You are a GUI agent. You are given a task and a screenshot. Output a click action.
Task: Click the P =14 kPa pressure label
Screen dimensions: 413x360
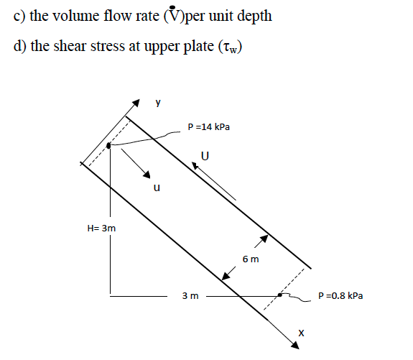208,127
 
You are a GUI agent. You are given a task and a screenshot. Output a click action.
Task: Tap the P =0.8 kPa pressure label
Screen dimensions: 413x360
340,296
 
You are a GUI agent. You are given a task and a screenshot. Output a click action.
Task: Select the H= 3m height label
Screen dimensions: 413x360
101,229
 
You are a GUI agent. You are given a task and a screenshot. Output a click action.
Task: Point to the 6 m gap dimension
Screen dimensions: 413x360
251,259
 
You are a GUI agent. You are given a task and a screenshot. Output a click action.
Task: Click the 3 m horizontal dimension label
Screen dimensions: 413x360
190,296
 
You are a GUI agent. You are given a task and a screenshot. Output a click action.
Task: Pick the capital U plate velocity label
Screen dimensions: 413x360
205,156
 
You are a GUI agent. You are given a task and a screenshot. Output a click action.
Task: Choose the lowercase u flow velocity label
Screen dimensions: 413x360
157,188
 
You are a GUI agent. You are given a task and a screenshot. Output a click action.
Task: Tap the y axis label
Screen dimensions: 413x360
158,102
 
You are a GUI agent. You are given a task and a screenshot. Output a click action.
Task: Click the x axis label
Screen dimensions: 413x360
301,333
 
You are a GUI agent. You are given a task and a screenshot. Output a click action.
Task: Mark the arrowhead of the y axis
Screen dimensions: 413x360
136,103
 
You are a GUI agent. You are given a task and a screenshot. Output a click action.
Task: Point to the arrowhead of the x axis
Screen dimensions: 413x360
295,345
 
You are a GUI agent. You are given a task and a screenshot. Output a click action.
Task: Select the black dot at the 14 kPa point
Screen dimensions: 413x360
108,145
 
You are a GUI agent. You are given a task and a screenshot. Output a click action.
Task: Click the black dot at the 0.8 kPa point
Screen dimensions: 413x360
279,295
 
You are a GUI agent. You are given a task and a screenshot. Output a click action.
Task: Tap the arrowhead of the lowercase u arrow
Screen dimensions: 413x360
147,174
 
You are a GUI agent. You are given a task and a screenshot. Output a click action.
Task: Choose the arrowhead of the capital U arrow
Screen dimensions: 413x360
195,166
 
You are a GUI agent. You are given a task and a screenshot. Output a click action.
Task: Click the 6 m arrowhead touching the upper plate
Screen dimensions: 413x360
264,239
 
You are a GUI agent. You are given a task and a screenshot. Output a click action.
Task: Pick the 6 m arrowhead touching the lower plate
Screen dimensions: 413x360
226,276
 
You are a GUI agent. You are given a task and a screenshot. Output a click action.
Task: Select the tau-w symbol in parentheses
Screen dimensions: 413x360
230,47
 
